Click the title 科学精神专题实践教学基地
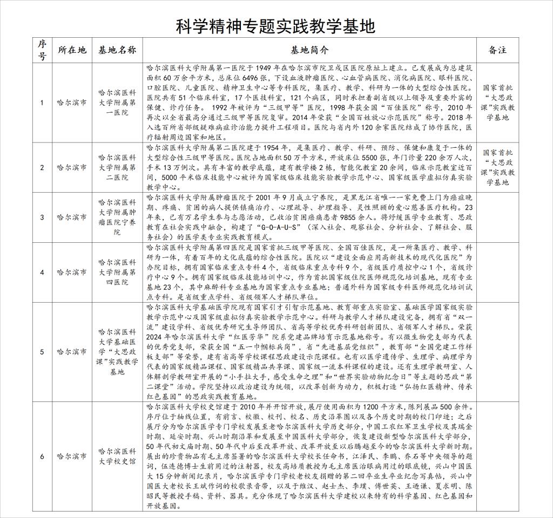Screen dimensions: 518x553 [x=276, y=26]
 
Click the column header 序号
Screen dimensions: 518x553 [x=42, y=50]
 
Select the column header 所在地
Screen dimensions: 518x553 [x=72, y=50]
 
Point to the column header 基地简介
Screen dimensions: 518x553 [x=309, y=50]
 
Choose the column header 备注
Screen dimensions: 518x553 [x=497, y=50]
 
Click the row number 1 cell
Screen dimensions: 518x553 [x=42, y=103]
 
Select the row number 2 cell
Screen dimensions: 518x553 [x=42, y=167]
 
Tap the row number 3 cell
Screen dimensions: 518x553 [x=42, y=217]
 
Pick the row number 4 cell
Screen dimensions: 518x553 [x=42, y=272]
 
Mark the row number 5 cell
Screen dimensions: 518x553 [x=42, y=352]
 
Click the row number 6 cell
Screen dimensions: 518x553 [x=42, y=456]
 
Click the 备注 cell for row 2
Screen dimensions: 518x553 [x=497, y=167]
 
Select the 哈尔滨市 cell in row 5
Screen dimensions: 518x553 [x=72, y=352]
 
